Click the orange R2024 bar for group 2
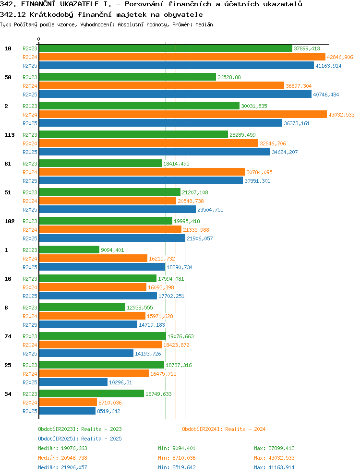click(x=183, y=115)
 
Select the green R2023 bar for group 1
click(x=69, y=250)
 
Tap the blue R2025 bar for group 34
click(x=68, y=411)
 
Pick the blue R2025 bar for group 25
click(x=73, y=382)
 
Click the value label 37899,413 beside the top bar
click(x=307, y=48)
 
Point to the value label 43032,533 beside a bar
click(x=341, y=115)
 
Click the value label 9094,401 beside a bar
click(x=112, y=250)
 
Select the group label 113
click(x=10, y=135)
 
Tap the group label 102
click(x=10, y=221)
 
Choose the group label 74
click(x=8, y=336)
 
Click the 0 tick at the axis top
click(x=38, y=39)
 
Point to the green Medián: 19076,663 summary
click(x=62, y=448)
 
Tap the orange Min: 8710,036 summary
click(x=177, y=458)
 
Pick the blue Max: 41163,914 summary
click(x=275, y=467)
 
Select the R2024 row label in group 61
click(x=30, y=172)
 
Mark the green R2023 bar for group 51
click(x=109, y=192)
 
